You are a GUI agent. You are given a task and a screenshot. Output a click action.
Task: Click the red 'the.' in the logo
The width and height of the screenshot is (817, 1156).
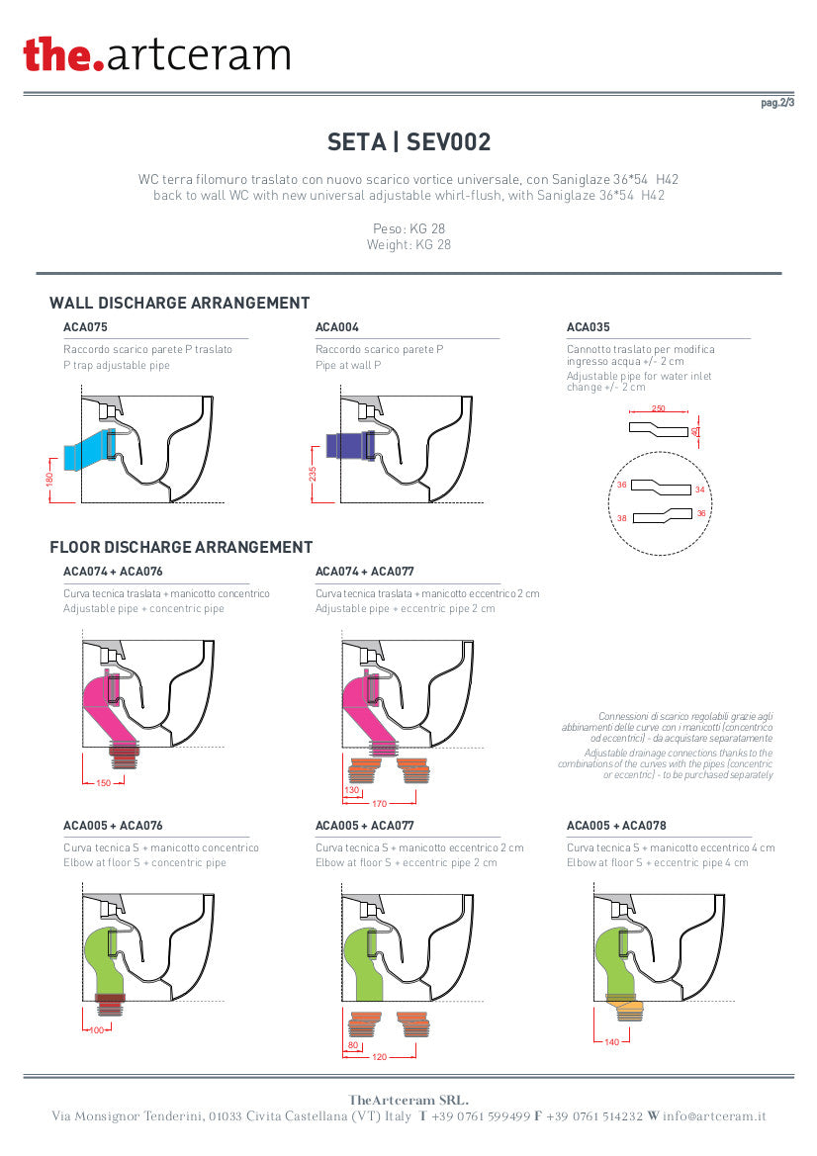(63, 54)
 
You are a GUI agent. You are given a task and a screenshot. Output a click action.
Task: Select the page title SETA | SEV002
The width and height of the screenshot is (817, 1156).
(408, 141)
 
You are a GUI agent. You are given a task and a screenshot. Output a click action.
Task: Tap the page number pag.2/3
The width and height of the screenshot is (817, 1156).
(777, 103)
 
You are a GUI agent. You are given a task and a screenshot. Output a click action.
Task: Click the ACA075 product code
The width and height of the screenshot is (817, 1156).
(85, 327)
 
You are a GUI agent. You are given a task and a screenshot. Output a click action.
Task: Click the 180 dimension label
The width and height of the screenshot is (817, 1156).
(50, 480)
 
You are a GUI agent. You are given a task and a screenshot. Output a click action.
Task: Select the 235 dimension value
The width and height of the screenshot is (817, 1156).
(313, 474)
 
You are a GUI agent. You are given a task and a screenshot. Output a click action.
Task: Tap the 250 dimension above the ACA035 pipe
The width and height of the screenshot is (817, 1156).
(659, 408)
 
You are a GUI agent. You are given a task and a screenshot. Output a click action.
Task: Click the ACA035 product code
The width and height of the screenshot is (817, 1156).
(589, 327)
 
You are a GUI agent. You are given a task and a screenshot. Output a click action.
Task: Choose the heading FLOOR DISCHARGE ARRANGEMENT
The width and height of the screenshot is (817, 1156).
(181, 547)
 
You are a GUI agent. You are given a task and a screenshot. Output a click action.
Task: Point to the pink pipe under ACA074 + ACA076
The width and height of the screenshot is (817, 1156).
(109, 708)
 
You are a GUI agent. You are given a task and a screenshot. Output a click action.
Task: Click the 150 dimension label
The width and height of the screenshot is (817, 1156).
(103, 783)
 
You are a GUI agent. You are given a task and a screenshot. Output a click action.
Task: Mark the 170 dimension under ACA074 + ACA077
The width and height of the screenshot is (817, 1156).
(379, 804)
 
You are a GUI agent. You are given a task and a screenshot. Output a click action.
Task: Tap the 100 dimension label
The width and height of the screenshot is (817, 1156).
(97, 1030)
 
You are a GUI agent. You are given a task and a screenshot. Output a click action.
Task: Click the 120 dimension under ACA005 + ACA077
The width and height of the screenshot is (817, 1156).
(379, 1057)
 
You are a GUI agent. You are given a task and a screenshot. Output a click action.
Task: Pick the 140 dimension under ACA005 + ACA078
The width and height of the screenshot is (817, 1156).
(612, 1042)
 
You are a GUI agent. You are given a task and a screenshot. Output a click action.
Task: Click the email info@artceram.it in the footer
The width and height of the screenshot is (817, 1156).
(714, 1116)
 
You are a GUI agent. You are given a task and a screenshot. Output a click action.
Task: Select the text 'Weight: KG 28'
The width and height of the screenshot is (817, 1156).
(408, 245)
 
